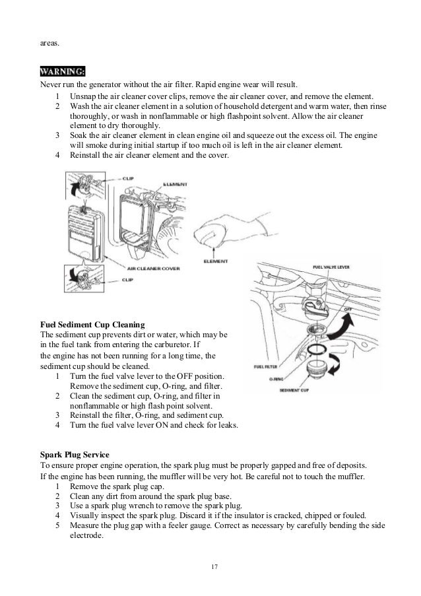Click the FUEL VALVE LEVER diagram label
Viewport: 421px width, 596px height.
332,267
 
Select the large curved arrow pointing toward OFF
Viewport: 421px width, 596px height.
343,323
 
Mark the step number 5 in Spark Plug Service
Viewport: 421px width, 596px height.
59,525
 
